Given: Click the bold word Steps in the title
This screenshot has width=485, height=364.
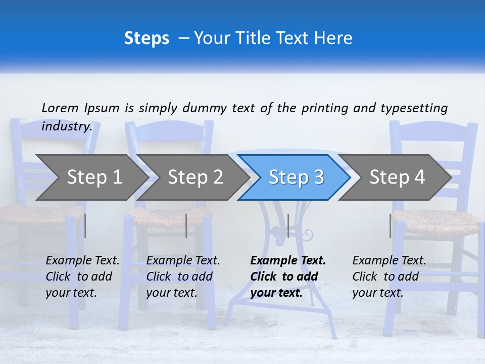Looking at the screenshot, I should click(147, 38).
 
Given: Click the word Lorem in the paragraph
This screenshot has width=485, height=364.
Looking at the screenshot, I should click(60, 108).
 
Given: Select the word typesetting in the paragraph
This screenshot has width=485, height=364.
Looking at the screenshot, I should click(414, 108).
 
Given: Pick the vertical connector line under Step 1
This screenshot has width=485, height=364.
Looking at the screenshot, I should click(85, 225).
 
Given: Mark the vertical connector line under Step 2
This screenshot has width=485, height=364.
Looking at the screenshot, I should click(186, 225).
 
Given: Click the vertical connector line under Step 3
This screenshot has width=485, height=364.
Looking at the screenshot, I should click(288, 225).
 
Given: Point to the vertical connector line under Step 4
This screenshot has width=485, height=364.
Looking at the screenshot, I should click(391, 225).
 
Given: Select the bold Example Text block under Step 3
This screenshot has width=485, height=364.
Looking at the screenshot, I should click(288, 277).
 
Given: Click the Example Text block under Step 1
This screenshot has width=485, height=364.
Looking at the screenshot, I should click(82, 277).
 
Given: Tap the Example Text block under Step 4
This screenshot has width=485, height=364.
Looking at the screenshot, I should click(389, 277).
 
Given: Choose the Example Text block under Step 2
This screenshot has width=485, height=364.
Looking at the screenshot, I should click(183, 277).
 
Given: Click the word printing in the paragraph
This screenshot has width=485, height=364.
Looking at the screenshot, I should click(325, 108).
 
